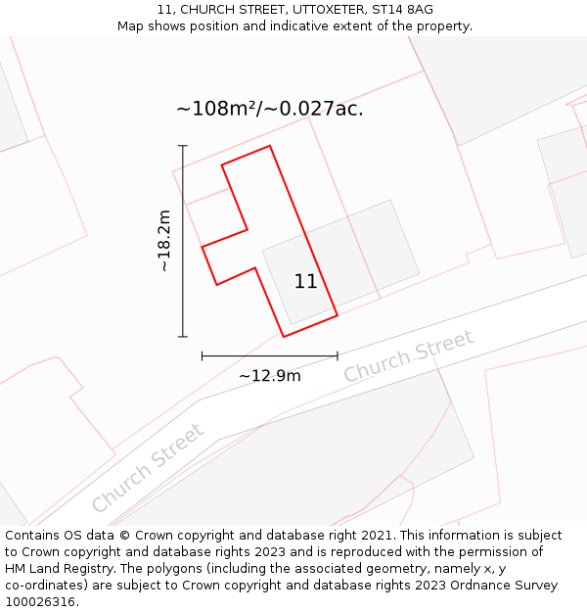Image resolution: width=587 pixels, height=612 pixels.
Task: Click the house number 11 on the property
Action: [305, 282]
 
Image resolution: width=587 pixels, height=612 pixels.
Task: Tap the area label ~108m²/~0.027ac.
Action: [269, 109]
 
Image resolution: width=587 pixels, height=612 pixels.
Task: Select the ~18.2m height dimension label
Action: [164, 241]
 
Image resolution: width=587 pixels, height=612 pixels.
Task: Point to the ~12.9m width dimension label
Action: [269, 375]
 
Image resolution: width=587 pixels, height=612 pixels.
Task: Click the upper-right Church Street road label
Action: [408, 356]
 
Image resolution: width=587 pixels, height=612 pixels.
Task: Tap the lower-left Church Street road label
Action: [149, 467]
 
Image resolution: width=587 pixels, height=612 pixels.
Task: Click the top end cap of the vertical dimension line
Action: [183, 146]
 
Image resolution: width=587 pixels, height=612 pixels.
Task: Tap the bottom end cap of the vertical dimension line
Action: [183, 337]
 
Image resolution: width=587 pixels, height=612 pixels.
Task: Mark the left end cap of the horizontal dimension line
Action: [202, 356]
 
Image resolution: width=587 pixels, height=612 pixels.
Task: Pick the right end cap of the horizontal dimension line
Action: [338, 356]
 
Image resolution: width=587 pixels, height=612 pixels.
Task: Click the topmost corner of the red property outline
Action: [269, 146]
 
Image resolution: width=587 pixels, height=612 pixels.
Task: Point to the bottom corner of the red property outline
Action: [284, 337]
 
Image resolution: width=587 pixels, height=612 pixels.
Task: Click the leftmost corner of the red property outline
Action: [203, 247]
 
